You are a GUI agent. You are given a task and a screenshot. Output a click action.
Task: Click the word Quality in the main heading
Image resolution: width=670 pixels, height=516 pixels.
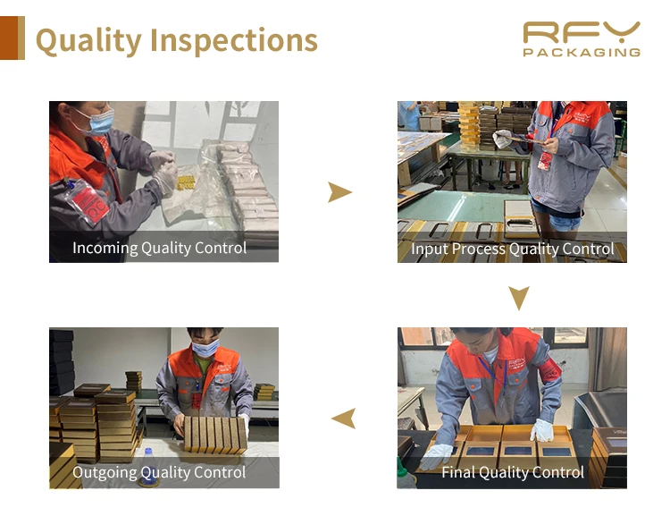[88, 40]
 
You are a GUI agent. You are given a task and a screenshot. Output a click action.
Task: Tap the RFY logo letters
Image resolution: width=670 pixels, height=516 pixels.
[582, 32]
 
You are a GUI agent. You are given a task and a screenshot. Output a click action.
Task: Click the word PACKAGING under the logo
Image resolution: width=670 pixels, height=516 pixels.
[582, 53]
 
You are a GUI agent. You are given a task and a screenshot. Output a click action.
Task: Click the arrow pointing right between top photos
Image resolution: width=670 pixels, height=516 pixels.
[339, 191]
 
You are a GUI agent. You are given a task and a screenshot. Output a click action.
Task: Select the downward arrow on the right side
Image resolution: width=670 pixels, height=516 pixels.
[518, 298]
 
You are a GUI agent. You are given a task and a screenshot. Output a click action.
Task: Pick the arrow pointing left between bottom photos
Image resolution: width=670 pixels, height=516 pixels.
[344, 417]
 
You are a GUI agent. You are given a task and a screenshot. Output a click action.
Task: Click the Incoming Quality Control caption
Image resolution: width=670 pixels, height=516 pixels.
[159, 248]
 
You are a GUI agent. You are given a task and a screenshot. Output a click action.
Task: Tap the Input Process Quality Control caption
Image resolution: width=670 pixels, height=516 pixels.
[512, 249]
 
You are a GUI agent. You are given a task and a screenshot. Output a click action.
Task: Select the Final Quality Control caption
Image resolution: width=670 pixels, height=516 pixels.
[512, 471]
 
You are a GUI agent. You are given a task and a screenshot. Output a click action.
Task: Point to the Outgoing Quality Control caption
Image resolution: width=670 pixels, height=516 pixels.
[159, 472]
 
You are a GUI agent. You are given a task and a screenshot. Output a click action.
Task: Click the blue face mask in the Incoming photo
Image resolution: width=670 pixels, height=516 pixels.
[101, 121]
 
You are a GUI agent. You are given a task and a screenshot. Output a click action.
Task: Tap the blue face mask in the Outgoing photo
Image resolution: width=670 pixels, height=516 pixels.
[205, 348]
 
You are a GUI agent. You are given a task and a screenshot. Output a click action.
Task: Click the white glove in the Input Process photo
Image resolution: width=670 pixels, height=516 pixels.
[504, 139]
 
